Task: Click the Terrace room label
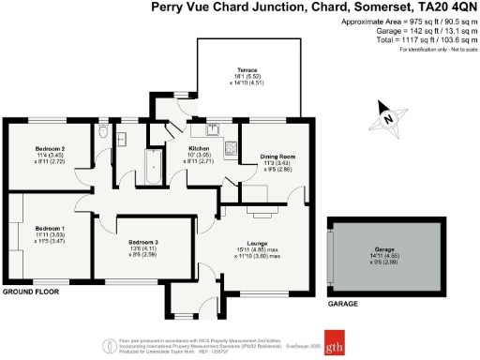[x=247, y=70]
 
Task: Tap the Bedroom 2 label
[x=50, y=149]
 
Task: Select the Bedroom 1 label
[x=50, y=229]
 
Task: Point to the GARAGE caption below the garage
[x=344, y=306]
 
